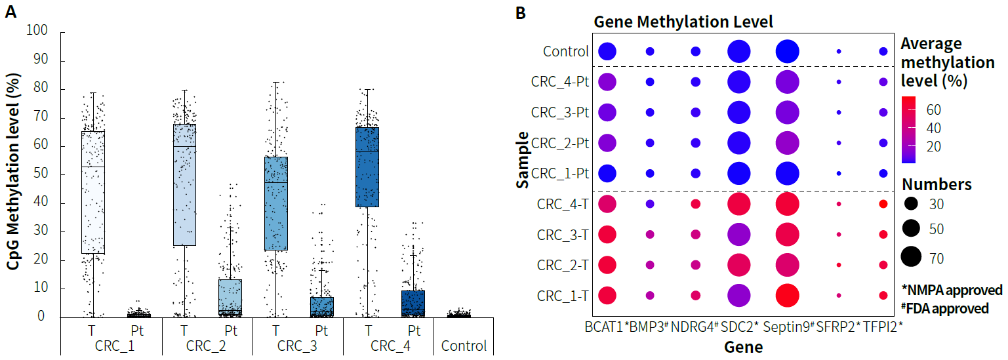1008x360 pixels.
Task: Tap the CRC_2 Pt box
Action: point(230,298)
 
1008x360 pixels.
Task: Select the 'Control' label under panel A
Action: point(464,346)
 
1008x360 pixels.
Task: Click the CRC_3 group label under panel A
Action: point(298,346)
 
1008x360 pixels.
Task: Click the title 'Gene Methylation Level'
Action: point(683,22)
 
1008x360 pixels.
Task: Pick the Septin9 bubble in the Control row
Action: point(787,51)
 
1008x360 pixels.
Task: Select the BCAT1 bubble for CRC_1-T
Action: point(607,296)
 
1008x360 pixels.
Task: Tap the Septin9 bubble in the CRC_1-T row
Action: point(787,296)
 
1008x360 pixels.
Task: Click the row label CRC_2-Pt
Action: point(559,143)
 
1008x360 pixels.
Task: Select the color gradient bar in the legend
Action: point(908,129)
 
